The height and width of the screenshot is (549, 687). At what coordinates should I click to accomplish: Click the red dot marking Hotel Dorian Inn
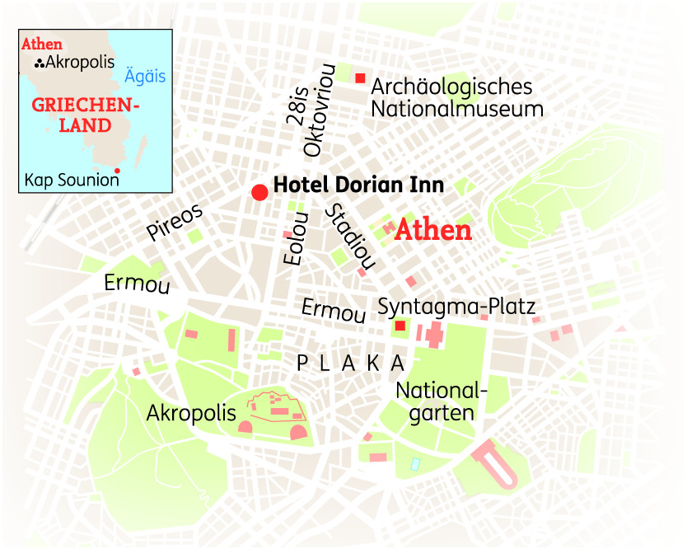[x=259, y=192]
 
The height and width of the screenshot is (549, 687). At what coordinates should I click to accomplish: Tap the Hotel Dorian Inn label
[x=358, y=185]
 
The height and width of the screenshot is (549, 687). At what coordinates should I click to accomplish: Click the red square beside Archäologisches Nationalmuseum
[x=360, y=78]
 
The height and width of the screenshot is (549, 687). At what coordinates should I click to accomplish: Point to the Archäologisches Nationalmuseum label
[x=456, y=97]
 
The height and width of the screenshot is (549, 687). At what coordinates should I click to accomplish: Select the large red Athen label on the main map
[x=433, y=230]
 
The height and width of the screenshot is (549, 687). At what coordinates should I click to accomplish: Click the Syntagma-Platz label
[x=456, y=307]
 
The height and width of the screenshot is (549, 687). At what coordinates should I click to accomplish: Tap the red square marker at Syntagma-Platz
[x=400, y=326]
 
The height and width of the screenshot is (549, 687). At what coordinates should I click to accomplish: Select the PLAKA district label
[x=351, y=363]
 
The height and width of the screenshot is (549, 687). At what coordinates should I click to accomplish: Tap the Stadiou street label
[x=350, y=237]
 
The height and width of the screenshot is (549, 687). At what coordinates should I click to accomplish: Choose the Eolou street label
[x=294, y=238]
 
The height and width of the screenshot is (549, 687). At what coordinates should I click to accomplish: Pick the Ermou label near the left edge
[x=137, y=284]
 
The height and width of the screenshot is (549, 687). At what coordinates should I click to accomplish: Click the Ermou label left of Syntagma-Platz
[x=333, y=311]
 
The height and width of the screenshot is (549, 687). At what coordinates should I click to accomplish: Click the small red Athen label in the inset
[x=43, y=45]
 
